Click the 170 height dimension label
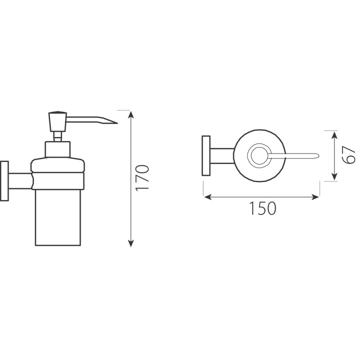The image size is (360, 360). click(142, 177)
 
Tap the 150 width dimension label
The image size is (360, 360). click(262, 208)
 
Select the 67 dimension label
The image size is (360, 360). click(349, 154)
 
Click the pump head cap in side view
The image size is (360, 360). click(57, 121)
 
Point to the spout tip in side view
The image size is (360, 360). click(117, 123)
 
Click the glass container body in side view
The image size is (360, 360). click(58, 217)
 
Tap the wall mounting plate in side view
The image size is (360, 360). click(4, 181)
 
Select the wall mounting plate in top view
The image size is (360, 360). click(206, 155)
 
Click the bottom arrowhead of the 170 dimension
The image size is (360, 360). click(131, 243)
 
